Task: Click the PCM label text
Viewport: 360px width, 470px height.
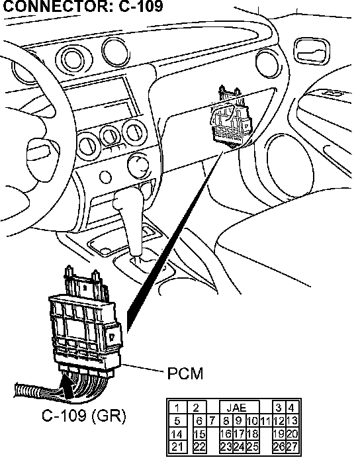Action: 185,373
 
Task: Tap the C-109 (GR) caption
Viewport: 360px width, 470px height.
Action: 83,416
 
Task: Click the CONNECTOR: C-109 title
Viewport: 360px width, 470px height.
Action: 83,6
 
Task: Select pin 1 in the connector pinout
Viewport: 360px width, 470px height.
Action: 177,408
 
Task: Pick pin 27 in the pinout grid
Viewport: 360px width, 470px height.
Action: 292,447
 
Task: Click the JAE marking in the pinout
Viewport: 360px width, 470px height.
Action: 236,408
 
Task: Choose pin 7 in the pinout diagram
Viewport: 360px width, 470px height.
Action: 212,421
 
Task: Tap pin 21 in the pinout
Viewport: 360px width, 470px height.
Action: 177,447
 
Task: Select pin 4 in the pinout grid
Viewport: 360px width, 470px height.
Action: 291,408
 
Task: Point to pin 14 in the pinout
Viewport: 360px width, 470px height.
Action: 177,434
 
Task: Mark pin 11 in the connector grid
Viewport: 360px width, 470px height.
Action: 265,421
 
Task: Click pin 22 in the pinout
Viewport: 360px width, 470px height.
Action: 199,447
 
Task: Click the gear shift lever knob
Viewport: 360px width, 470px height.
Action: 126,203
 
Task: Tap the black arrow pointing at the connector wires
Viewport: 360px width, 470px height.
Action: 67,386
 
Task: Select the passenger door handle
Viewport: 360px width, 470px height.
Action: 311,51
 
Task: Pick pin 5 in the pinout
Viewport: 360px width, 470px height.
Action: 177,421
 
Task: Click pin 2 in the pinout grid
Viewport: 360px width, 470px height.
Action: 197,408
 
